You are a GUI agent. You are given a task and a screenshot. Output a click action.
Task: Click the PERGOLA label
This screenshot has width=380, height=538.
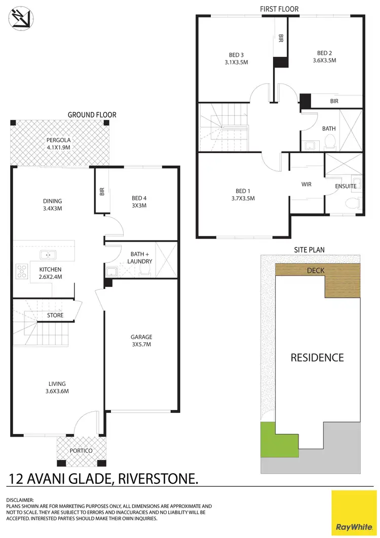click(59, 144)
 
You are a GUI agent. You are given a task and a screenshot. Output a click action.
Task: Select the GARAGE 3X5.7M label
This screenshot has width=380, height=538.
click(141, 340)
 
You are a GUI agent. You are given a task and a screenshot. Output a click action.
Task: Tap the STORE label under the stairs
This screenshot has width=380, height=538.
click(55, 315)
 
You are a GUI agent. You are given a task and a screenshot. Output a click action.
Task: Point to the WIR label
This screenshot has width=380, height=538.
click(306, 185)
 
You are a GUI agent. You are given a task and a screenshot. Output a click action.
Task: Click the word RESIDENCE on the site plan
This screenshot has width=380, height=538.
click(317, 357)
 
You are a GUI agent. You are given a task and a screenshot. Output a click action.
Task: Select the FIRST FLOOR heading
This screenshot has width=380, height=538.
click(279, 9)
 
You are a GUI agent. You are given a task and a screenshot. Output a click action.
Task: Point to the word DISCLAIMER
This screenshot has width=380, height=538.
click(20, 500)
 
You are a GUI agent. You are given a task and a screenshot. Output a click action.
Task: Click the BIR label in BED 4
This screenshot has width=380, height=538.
click(101, 191)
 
